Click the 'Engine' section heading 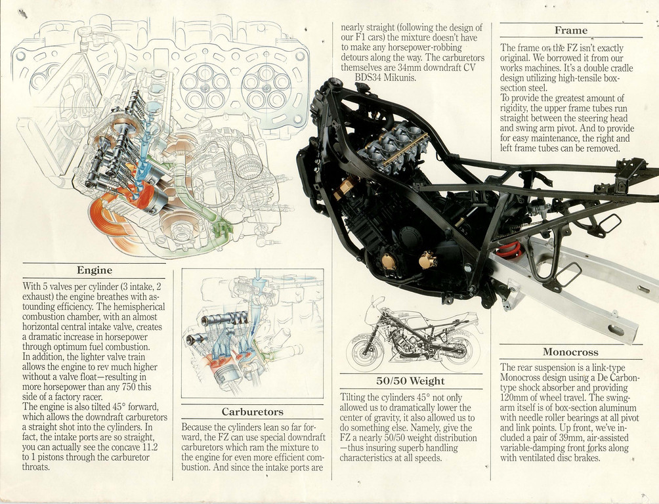(x=95, y=270)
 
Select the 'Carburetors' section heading (x=252, y=412)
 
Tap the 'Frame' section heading (x=570, y=30)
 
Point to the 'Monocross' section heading (x=570, y=352)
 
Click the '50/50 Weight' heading (x=411, y=381)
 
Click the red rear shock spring (x=508, y=250)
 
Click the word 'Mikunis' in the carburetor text (x=396, y=77)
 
